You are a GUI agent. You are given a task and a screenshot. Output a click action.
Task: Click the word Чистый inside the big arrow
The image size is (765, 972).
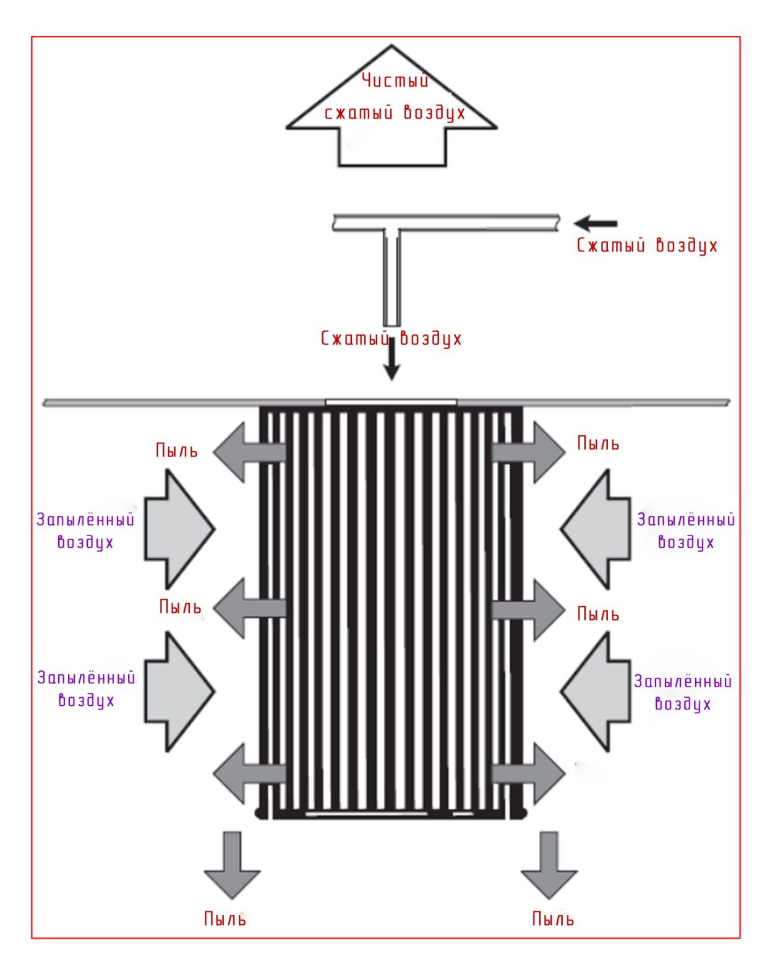coord(395,80)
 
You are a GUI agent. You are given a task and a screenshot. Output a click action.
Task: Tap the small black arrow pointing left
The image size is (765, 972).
coord(594,223)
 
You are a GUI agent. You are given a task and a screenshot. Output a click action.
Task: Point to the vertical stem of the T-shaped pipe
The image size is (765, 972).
coord(391,279)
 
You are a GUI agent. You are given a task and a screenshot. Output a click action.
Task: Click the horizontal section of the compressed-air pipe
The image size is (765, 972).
coord(445,222)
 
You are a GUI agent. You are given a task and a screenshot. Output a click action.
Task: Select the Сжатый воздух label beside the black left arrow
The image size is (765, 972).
coord(647,246)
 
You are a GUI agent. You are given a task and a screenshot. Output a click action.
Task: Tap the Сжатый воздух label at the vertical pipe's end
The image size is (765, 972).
coord(391,339)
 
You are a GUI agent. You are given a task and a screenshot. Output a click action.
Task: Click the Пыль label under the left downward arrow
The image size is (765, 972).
coord(225,919)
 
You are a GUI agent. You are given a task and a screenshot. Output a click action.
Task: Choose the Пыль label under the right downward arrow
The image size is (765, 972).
coord(553,919)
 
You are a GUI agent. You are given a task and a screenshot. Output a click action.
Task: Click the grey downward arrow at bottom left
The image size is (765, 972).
coord(232,867)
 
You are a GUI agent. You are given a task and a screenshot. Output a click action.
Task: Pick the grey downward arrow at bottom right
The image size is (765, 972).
coord(549,867)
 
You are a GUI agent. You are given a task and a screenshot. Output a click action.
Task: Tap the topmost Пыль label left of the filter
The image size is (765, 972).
coord(177,450)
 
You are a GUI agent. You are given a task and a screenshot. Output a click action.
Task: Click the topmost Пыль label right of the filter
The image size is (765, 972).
coord(598,443)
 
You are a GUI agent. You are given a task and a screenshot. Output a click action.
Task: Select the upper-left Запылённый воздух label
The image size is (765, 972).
coord(85,531)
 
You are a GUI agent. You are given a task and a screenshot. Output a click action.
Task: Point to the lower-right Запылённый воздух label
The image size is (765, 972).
coord(683,693)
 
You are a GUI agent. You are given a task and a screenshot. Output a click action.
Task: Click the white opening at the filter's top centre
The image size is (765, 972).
coord(391,402)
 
